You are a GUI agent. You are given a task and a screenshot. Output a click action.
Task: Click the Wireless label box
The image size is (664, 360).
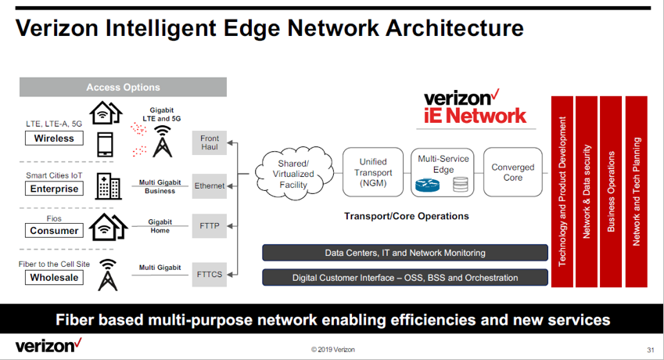[x=54, y=138]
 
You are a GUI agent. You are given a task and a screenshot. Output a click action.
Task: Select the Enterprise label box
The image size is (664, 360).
[x=54, y=189]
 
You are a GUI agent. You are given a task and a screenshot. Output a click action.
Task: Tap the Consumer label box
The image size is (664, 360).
[x=54, y=230]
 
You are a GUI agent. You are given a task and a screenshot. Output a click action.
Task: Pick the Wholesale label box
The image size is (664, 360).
[x=54, y=277]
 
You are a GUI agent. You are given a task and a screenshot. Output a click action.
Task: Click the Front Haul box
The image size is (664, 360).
[x=209, y=142]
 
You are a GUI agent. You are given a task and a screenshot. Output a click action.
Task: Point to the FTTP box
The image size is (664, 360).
[x=209, y=225]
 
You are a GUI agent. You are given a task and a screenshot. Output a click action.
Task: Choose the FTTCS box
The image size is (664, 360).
[x=209, y=275]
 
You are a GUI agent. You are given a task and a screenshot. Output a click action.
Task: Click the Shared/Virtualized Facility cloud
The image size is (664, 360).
[x=294, y=174]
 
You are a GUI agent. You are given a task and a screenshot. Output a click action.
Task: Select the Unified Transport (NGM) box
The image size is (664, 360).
[x=373, y=172]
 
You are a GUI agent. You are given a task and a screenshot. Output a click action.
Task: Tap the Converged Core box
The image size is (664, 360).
[x=513, y=172]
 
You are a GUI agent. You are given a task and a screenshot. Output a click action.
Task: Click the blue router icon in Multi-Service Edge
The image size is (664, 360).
[x=427, y=185]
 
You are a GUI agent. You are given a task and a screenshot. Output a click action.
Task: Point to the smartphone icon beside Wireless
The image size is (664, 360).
[x=105, y=145]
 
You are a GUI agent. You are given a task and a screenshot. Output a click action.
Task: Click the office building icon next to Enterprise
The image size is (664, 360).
[x=109, y=186]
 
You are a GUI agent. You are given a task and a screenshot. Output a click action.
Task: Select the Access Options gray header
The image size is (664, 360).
[x=123, y=87]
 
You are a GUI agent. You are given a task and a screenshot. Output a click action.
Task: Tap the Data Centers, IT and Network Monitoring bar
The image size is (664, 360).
[x=405, y=253]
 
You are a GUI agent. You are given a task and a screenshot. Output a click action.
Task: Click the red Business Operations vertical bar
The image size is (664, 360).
[x=611, y=192]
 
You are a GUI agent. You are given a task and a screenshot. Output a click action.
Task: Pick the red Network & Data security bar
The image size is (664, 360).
[x=587, y=192]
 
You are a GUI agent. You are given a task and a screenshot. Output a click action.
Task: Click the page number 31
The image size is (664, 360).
[x=651, y=350]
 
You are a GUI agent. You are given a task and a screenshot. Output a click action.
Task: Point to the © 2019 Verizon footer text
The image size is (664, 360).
[x=333, y=349]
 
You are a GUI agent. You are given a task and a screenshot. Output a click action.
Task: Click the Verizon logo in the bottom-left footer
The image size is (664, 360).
[x=48, y=346]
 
